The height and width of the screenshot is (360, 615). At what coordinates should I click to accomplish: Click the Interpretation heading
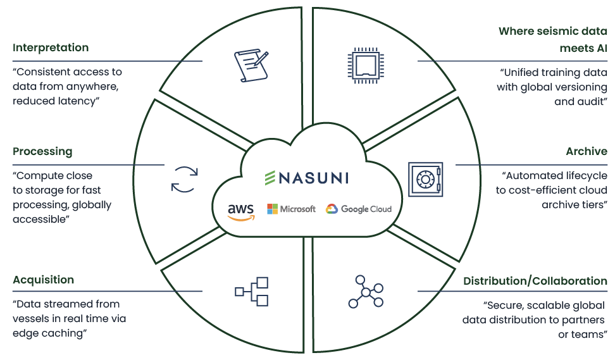click(51, 48)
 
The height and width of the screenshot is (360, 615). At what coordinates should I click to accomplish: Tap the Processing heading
click(42, 152)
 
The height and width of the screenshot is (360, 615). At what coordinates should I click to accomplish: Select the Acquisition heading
click(43, 280)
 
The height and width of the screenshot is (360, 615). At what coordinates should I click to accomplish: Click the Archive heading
click(587, 152)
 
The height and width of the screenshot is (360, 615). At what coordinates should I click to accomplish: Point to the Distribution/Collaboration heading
click(535, 281)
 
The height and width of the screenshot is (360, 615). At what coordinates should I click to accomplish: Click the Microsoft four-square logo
click(273, 209)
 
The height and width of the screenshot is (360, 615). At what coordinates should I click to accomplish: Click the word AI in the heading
click(600, 48)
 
